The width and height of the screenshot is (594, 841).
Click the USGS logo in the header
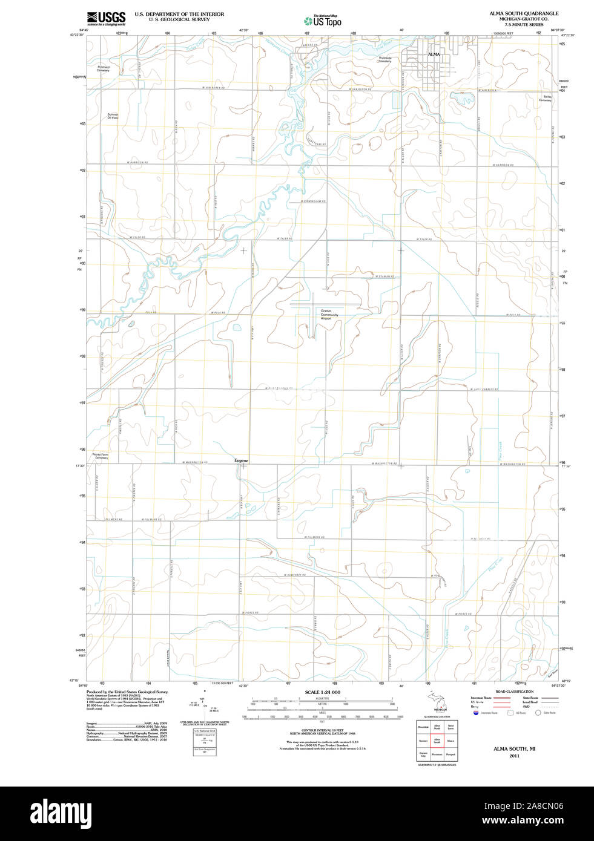[106, 18]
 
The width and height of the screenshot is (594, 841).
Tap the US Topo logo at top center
[322, 21]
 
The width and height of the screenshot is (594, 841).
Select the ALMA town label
[434, 54]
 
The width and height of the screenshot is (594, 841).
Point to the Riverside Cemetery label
[385, 59]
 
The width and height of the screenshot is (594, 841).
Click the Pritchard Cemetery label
[104, 69]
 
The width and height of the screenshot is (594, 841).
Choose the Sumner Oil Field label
[113, 116]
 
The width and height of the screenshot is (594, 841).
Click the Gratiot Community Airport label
[330, 313]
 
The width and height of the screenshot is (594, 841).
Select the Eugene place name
[241, 460]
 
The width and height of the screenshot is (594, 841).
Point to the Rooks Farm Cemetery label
[101, 456]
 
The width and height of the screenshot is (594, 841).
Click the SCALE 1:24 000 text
[322, 692]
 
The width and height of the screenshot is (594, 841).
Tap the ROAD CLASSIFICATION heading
[514, 692]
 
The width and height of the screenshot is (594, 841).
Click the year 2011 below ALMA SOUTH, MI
[514, 756]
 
